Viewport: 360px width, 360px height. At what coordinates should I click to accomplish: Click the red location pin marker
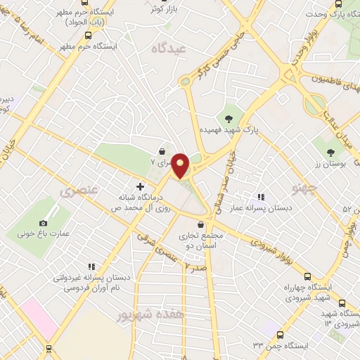pos(181,165)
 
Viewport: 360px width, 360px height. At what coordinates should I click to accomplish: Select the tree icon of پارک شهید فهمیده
pos(229,117)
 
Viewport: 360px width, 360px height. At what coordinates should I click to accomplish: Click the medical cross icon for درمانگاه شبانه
pos(140,187)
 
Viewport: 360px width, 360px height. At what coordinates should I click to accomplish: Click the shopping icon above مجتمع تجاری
pos(201,225)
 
